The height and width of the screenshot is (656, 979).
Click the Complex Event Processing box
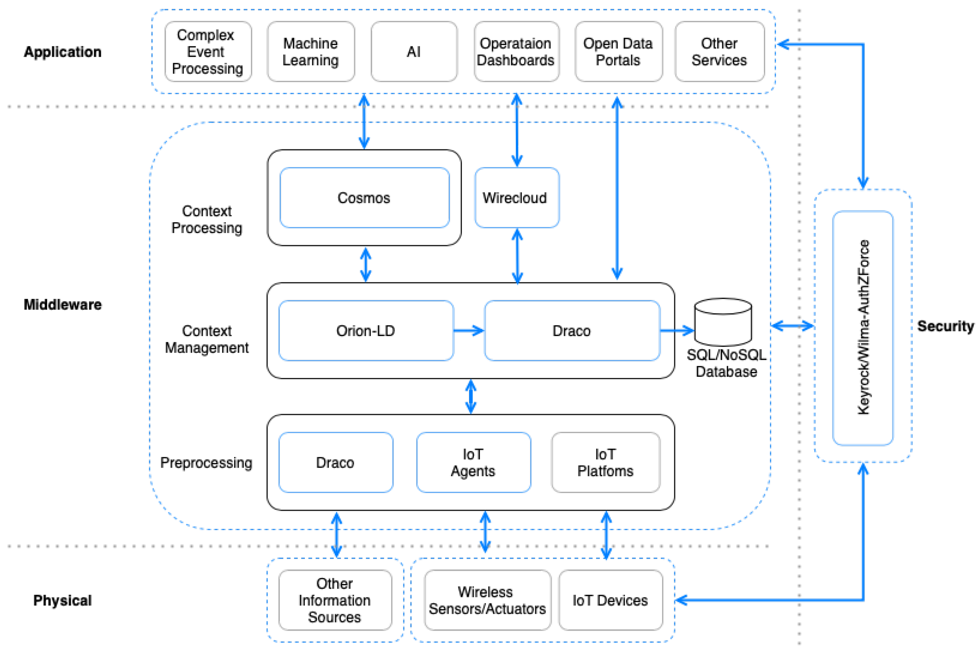(208, 51)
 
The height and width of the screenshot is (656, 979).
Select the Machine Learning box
(311, 51)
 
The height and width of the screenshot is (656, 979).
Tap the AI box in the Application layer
(414, 51)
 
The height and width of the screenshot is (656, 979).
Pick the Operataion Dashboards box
(516, 51)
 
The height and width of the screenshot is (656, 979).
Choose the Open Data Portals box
(618, 51)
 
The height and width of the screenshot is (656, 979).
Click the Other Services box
(719, 51)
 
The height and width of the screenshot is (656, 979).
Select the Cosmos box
(364, 198)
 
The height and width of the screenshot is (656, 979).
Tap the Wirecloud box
(516, 198)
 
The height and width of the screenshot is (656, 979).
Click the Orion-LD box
(366, 330)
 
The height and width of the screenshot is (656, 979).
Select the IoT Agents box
(473, 462)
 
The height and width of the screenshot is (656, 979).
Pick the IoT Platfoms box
(605, 462)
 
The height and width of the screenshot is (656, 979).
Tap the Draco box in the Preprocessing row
(335, 462)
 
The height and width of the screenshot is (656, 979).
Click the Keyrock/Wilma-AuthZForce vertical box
(863, 328)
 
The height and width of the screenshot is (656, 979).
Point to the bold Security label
(945, 326)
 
